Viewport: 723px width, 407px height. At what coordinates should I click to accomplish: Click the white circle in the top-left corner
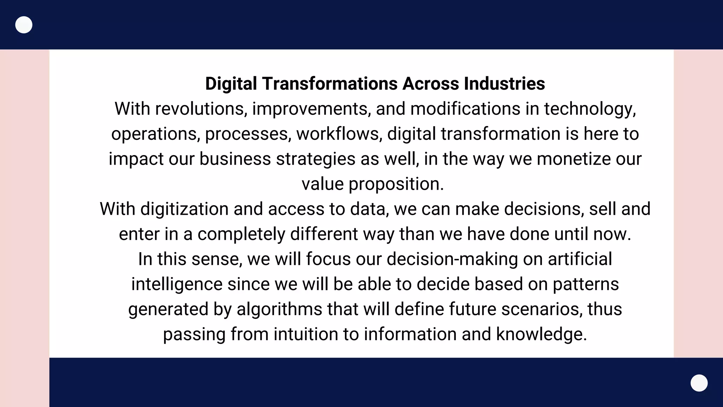[x=24, y=25]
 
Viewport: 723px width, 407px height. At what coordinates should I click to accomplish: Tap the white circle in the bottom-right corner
[x=699, y=383]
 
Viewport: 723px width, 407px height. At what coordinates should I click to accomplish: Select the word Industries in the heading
[x=504, y=84]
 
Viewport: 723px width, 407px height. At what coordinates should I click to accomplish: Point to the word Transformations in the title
[x=330, y=84]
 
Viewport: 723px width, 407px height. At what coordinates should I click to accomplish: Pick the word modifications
[x=465, y=109]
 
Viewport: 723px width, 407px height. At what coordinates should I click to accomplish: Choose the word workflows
[x=339, y=134]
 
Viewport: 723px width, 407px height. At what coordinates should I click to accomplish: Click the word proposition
[x=396, y=184]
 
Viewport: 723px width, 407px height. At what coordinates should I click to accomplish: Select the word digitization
[x=184, y=209]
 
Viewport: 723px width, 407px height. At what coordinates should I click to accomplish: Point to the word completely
[x=241, y=234]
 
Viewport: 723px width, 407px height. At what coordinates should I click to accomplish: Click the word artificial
[x=580, y=259]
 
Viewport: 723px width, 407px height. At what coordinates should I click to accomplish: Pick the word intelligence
[x=177, y=284]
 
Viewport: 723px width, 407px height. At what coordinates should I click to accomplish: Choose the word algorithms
[x=279, y=309]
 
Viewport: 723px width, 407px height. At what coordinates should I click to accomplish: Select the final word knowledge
[x=541, y=335]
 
